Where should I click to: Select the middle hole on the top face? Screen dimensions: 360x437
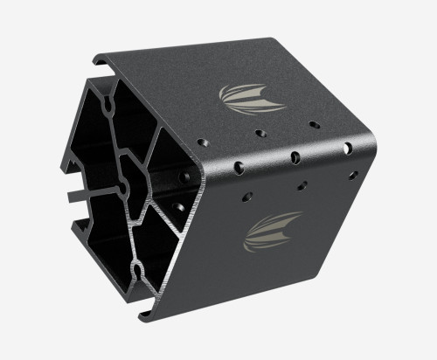pyautogui.click(x=260, y=134)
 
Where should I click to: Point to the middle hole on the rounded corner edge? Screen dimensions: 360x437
pyautogui.click(x=295, y=157)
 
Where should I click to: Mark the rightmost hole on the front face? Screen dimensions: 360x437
pyautogui.click(x=355, y=175)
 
